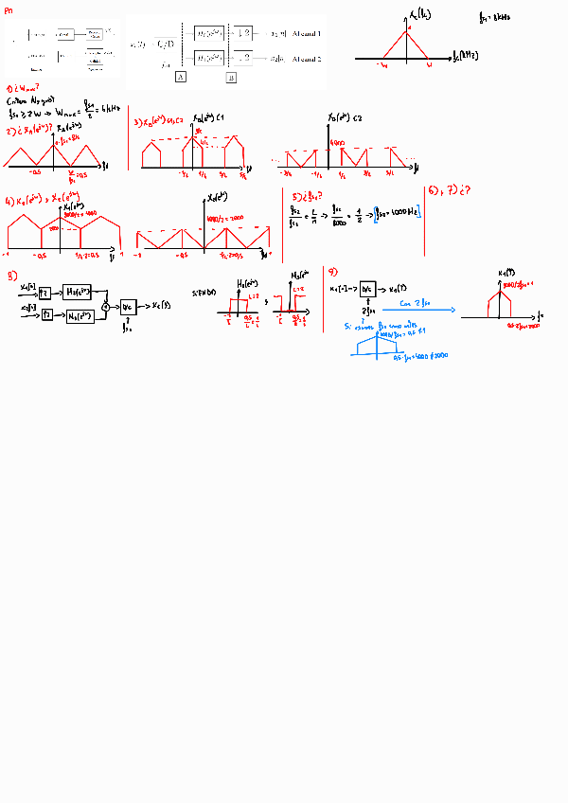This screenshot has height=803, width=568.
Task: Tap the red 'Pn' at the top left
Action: click(x=9, y=9)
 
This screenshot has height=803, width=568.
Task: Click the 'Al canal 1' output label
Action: click(x=307, y=33)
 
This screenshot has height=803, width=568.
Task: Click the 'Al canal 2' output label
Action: click(x=307, y=59)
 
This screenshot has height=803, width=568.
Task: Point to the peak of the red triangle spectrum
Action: click(x=407, y=31)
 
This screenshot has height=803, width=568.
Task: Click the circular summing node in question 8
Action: click(x=106, y=306)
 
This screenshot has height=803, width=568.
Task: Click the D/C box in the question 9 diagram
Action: click(x=366, y=289)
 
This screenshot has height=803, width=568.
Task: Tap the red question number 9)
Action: click(x=332, y=270)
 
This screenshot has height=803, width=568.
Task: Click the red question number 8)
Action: click(x=10, y=277)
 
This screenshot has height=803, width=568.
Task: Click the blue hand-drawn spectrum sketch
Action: click(x=384, y=343)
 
